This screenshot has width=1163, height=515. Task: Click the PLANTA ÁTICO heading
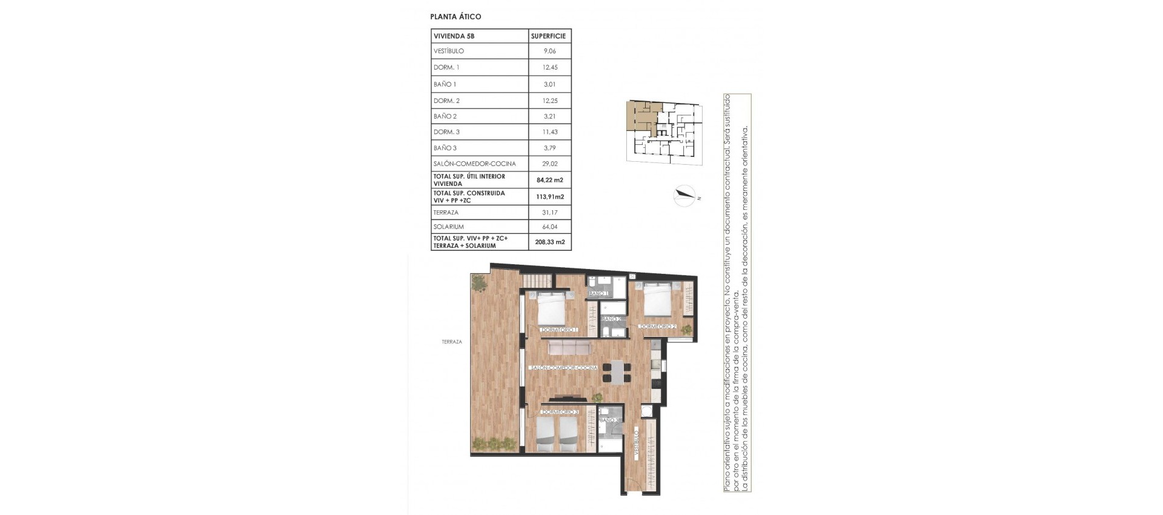click(455, 17)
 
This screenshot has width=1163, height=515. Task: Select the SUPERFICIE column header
click(548, 36)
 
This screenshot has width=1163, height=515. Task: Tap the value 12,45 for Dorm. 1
click(549, 67)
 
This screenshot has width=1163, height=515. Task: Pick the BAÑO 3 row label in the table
click(445, 148)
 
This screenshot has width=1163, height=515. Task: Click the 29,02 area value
click(549, 164)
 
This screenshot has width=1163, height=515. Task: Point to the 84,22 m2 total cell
click(549, 180)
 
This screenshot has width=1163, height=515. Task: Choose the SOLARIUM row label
click(448, 227)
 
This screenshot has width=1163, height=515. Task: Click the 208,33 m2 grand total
click(549, 242)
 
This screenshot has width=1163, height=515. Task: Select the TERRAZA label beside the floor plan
click(452, 342)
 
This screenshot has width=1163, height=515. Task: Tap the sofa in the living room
click(145, 347)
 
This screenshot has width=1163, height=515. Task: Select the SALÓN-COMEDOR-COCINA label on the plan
click(563, 368)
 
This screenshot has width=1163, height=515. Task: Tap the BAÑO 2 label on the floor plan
click(611, 319)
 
